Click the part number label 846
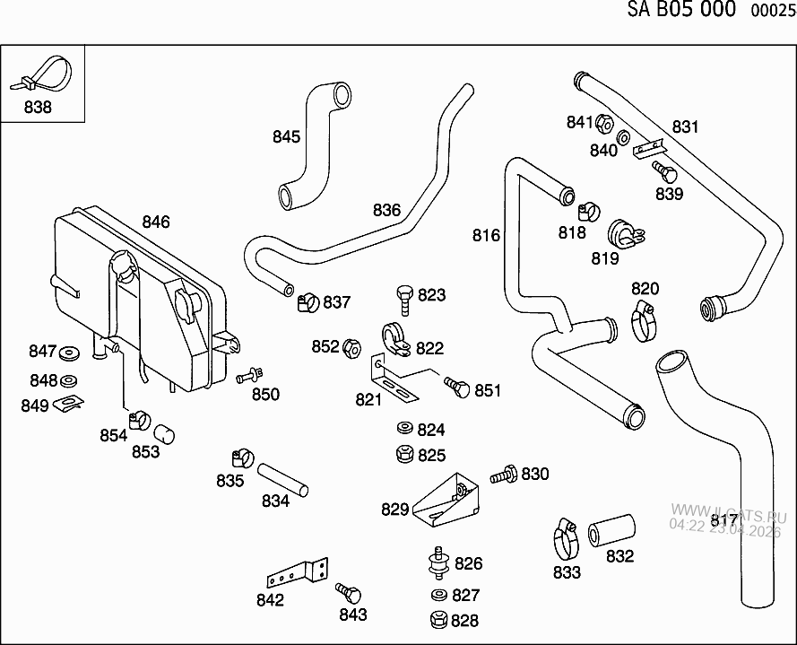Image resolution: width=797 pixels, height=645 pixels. tap(155, 222)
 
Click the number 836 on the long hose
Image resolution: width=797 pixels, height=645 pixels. tap(386, 210)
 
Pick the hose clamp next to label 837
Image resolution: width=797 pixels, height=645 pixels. tap(307, 302)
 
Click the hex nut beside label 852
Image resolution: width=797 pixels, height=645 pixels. tap(353, 347)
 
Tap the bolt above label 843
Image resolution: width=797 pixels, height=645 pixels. tap(349, 593)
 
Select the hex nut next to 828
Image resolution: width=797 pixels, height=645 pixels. tap(438, 619)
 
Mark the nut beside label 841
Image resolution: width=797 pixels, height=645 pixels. tap(603, 123)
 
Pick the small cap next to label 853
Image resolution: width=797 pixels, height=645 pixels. tap(164, 434)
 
